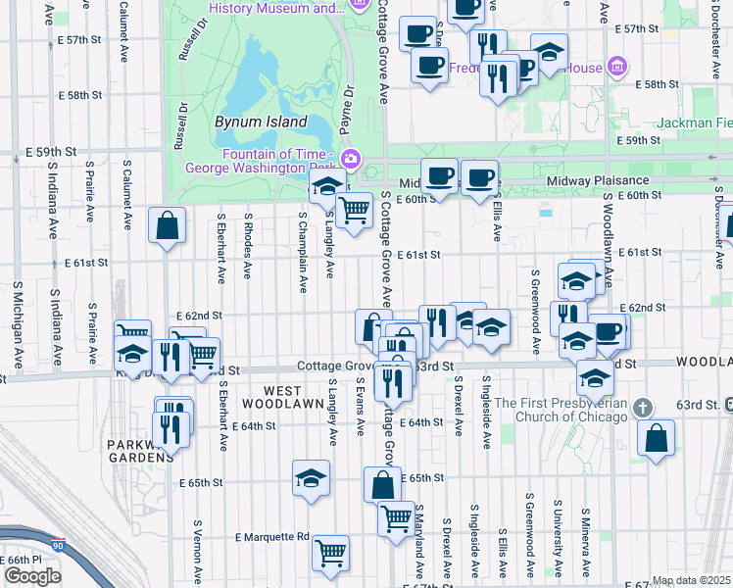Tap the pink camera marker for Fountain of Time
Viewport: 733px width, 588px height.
tap(351, 158)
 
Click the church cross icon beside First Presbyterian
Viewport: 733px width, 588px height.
tap(643, 407)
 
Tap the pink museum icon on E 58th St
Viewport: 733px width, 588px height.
tap(617, 68)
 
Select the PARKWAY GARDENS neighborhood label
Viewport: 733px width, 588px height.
tap(138, 453)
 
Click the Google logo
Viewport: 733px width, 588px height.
tap(32, 575)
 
